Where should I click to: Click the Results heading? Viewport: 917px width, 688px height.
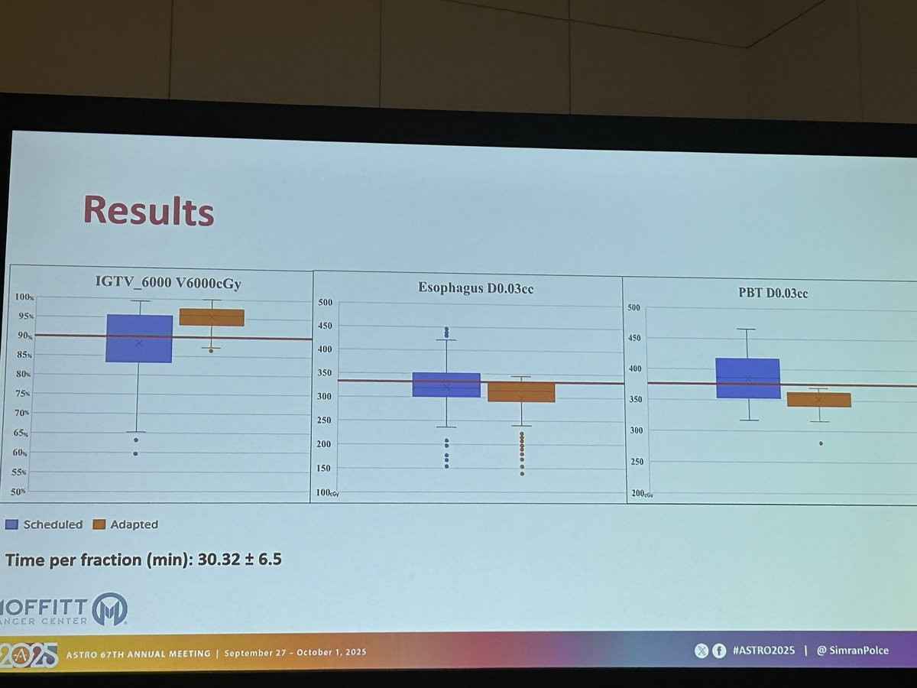(x=148, y=209)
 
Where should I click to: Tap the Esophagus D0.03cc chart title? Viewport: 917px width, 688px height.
(x=470, y=287)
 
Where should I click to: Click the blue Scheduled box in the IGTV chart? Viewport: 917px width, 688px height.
(x=139, y=338)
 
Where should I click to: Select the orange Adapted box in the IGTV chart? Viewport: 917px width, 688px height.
(x=211, y=317)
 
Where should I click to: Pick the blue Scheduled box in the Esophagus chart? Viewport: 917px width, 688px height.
(x=446, y=385)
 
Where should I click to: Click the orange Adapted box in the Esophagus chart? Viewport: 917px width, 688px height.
(x=521, y=391)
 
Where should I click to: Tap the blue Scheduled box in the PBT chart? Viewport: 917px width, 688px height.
(x=747, y=378)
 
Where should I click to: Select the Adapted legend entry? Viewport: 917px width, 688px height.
(x=125, y=524)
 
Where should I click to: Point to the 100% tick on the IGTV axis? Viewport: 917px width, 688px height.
(x=24, y=297)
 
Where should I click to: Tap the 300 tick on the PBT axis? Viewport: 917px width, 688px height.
(x=636, y=431)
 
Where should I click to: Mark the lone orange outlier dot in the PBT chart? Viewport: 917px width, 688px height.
(x=821, y=443)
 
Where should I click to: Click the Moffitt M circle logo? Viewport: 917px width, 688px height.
(x=109, y=609)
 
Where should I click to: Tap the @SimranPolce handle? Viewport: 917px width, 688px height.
(x=851, y=651)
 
